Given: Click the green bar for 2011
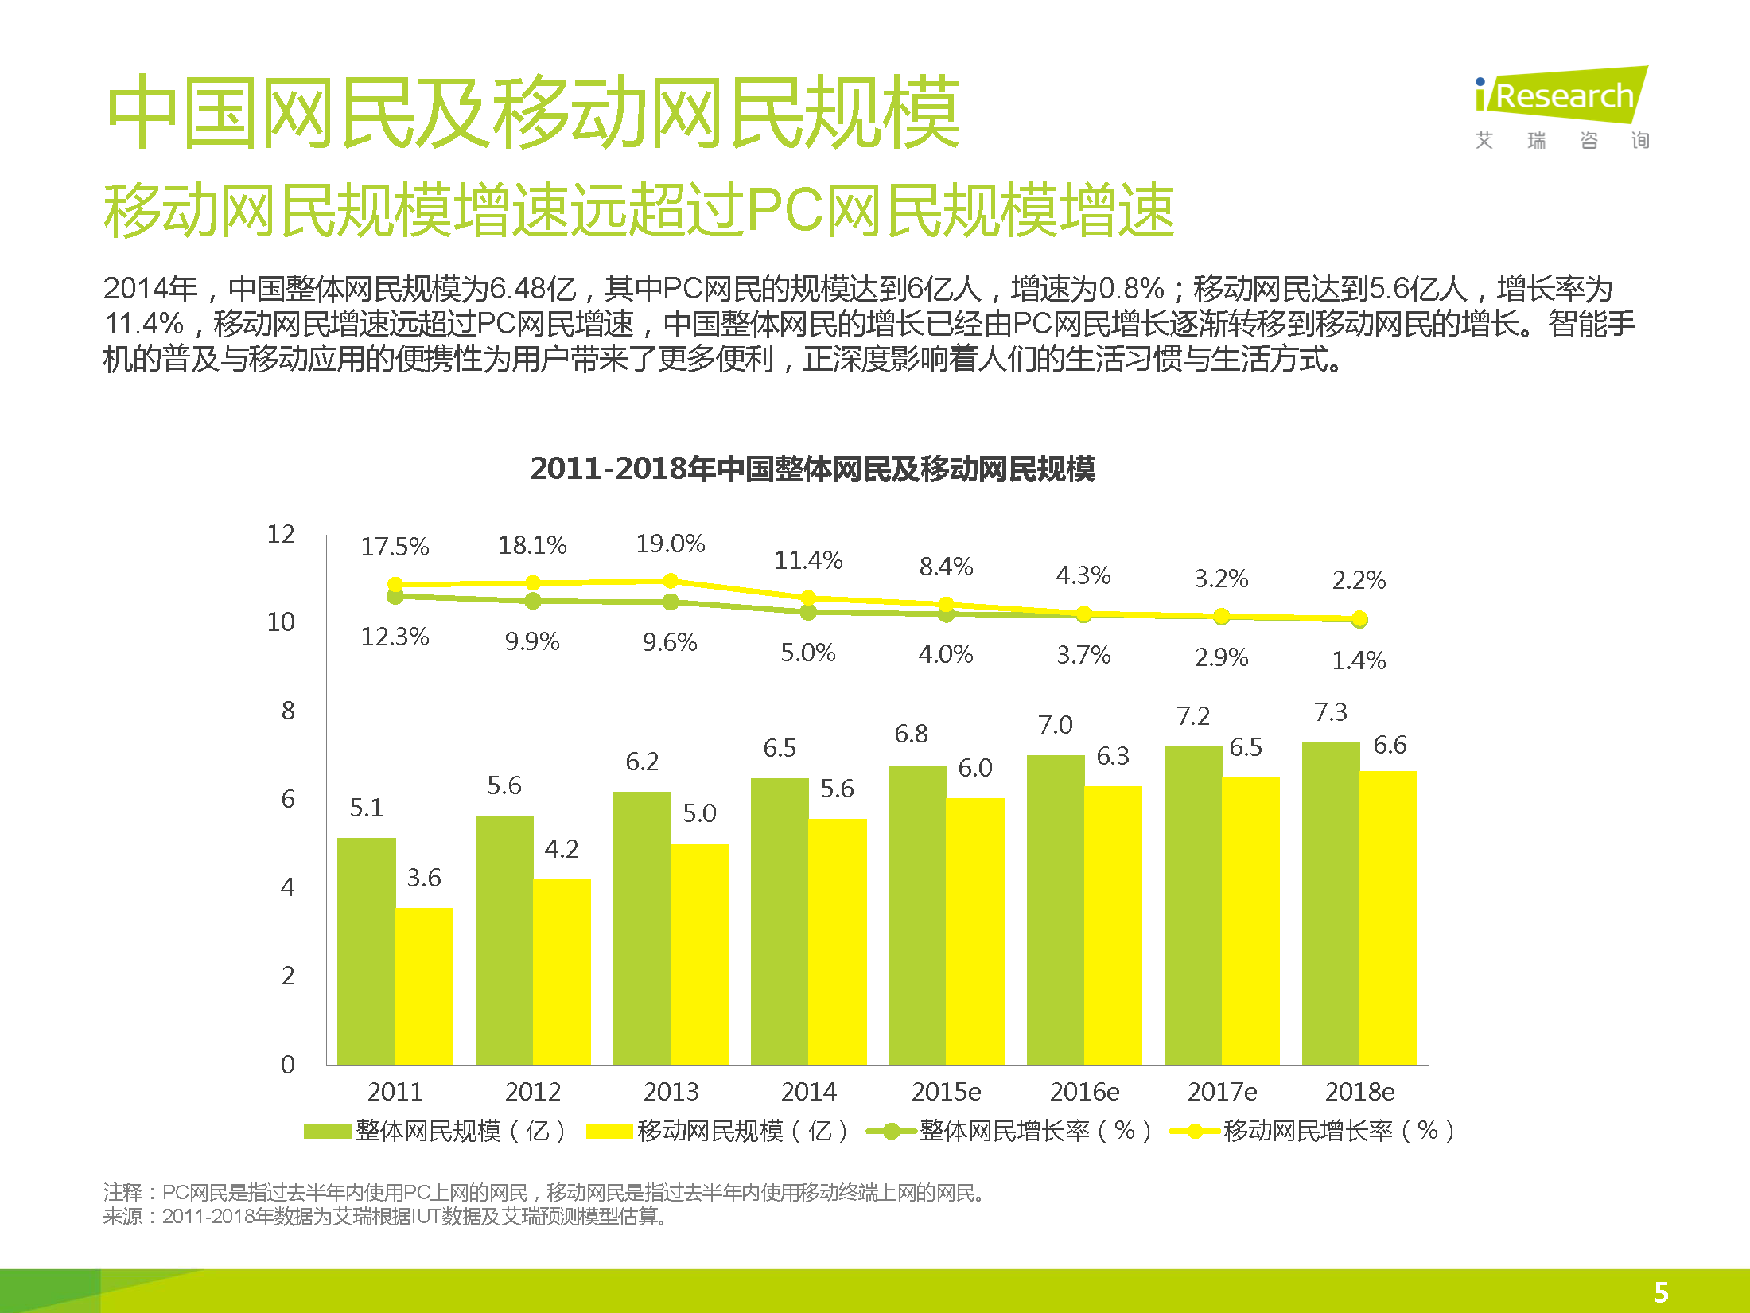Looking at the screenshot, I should pos(366,951).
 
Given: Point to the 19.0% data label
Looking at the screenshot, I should pos(670,544).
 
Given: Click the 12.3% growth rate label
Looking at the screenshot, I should pos(395,637).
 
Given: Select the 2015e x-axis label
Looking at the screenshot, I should pos(946,1092).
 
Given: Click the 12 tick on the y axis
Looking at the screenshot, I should pos(281,534).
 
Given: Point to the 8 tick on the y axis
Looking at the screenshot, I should pos(288,711).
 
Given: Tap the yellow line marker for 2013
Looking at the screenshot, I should pos(671,581).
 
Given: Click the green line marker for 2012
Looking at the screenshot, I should pos(533,601).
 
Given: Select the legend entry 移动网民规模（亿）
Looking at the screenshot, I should pos(717,1131).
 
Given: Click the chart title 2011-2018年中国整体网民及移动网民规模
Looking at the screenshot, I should pos(812,469).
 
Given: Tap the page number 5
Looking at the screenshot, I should pos(1661,1292).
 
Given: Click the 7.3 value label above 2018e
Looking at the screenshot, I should pos(1330,712).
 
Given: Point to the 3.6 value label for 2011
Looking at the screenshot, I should pos(423,878).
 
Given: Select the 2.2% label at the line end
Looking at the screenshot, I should pos(1359,580).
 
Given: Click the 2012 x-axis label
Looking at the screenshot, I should pos(533,1092).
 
